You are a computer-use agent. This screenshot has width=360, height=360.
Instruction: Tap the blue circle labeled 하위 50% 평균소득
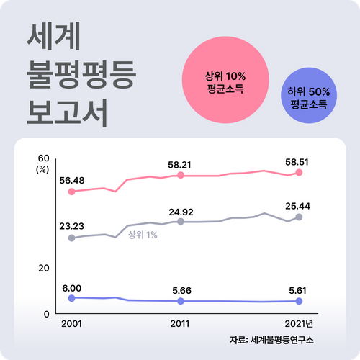[x=308, y=98]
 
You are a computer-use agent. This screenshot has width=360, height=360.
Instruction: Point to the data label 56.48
[x=71, y=180]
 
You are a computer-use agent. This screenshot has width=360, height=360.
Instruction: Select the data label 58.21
[x=181, y=165]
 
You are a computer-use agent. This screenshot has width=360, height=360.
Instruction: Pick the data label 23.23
[x=71, y=226]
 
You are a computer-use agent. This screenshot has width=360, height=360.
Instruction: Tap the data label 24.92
[x=181, y=212]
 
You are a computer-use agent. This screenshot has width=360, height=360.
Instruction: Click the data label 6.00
[x=71, y=287]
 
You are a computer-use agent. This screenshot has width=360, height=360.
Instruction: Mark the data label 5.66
[x=181, y=290]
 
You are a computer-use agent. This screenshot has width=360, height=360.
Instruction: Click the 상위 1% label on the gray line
[x=143, y=235]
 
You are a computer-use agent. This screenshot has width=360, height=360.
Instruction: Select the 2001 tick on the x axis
[x=71, y=325]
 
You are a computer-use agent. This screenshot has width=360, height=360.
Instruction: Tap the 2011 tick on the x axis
[x=181, y=325]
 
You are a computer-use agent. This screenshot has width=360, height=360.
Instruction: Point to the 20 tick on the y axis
[x=42, y=268]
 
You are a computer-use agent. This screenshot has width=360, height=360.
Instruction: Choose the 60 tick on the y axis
[x=42, y=158]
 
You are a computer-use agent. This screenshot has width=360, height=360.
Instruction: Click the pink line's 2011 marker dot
[x=181, y=175]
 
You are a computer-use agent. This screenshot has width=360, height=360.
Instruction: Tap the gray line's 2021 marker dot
[x=299, y=217]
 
